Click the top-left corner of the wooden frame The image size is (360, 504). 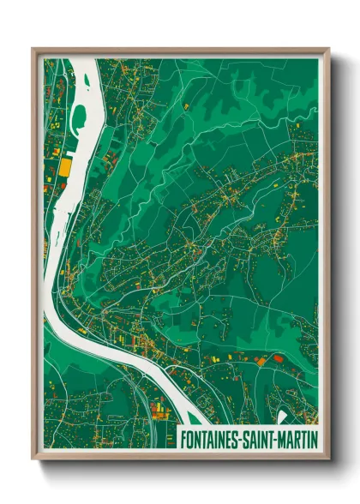pyautogui.click(x=33, y=50)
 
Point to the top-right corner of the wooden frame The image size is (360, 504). pyautogui.click(x=328, y=50)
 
